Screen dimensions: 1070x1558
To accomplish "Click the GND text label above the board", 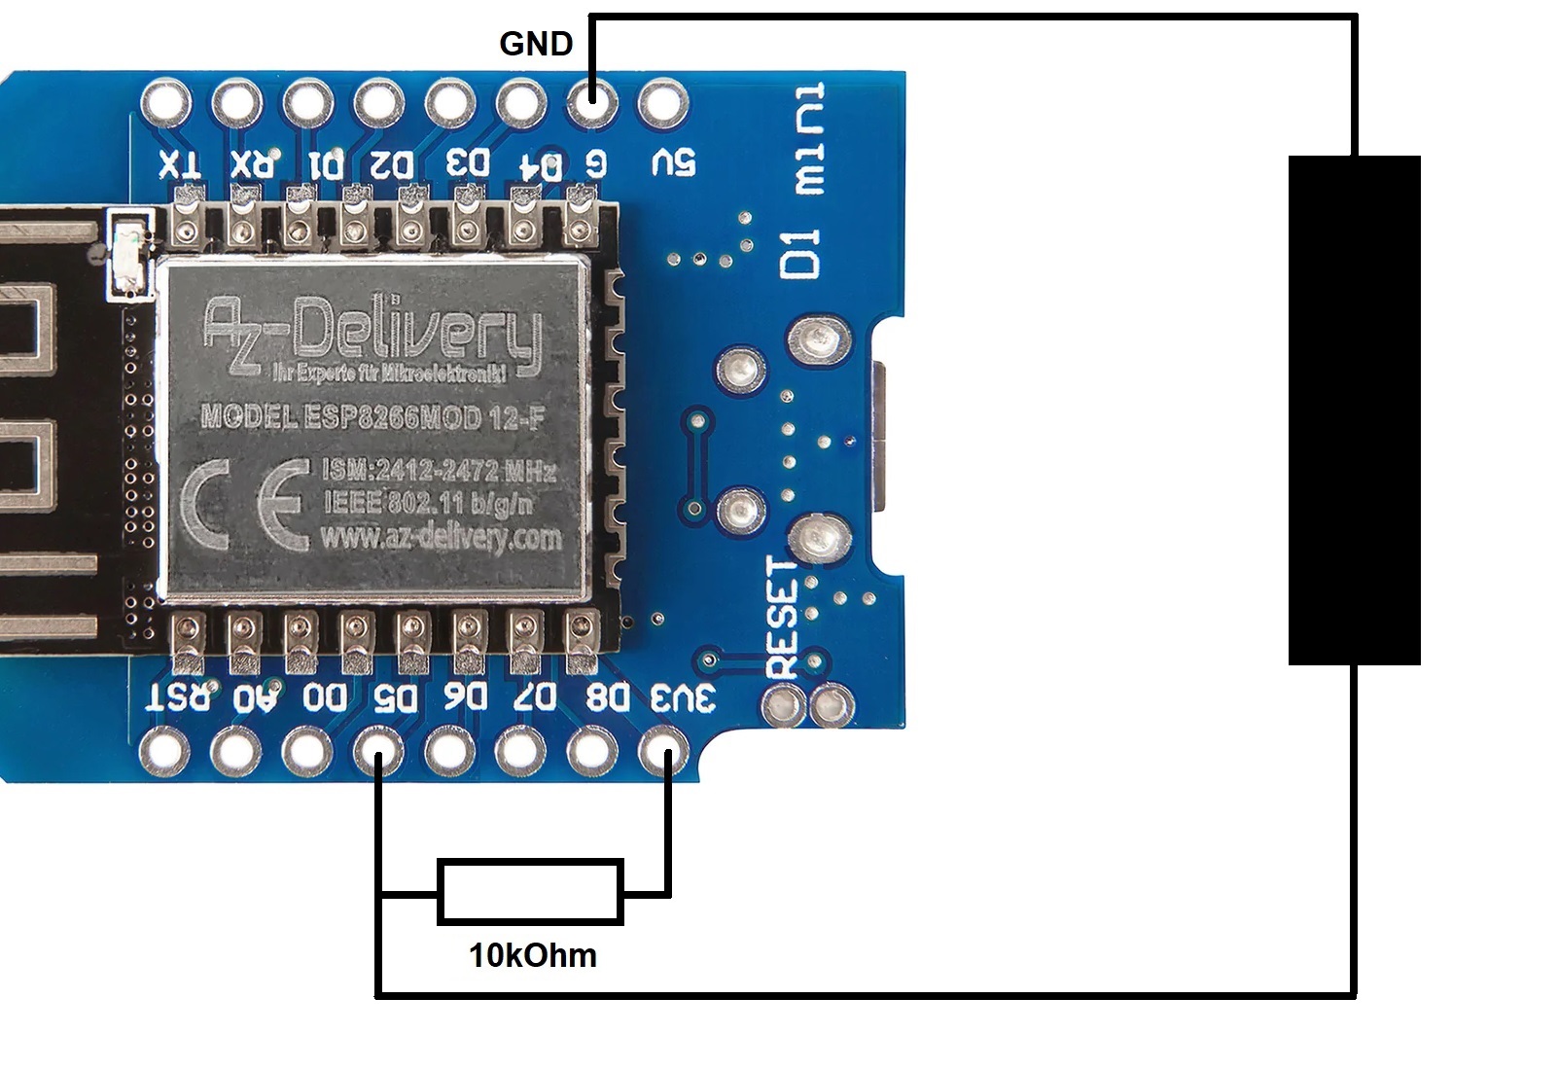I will coord(536,44).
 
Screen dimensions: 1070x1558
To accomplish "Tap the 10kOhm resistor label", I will coord(533,955).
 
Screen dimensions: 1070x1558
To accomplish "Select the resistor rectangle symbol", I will coord(530,891).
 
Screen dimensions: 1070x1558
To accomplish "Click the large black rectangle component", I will coord(1354,410).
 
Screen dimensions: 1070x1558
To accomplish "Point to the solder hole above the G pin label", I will coord(591,101).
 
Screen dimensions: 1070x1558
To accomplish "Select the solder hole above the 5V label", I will coord(661,101).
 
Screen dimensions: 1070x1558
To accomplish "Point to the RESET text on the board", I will coord(782,619).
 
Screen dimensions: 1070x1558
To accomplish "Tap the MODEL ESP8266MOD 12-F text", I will coord(372,417).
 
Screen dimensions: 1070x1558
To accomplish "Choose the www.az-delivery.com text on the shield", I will coord(440,536).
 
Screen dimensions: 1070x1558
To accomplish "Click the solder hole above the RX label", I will coord(236,101).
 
